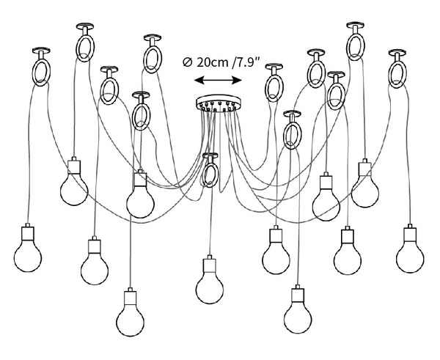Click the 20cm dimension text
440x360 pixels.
pyautogui.click(x=213, y=62)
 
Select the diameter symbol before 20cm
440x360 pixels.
pyautogui.click(x=187, y=62)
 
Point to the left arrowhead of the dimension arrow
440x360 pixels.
pyautogui.click(x=199, y=81)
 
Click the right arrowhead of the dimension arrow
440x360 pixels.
pyautogui.click(x=237, y=81)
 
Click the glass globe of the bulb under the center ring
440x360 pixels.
pyautogui.click(x=210, y=288)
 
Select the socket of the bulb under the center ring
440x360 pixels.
pyautogui.click(x=210, y=265)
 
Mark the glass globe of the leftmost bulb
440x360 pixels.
pyautogui.click(x=28, y=257)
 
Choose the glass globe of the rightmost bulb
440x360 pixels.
pyautogui.click(x=410, y=257)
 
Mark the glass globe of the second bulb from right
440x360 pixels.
pyautogui.click(x=364, y=191)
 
